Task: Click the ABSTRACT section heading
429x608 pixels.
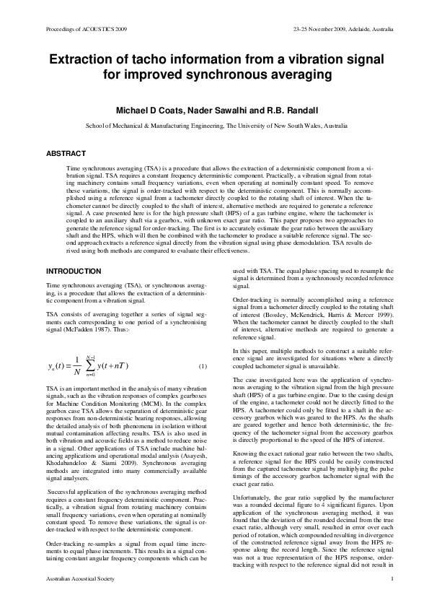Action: [x=66, y=153]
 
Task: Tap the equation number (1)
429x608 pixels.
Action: [x=203, y=366]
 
